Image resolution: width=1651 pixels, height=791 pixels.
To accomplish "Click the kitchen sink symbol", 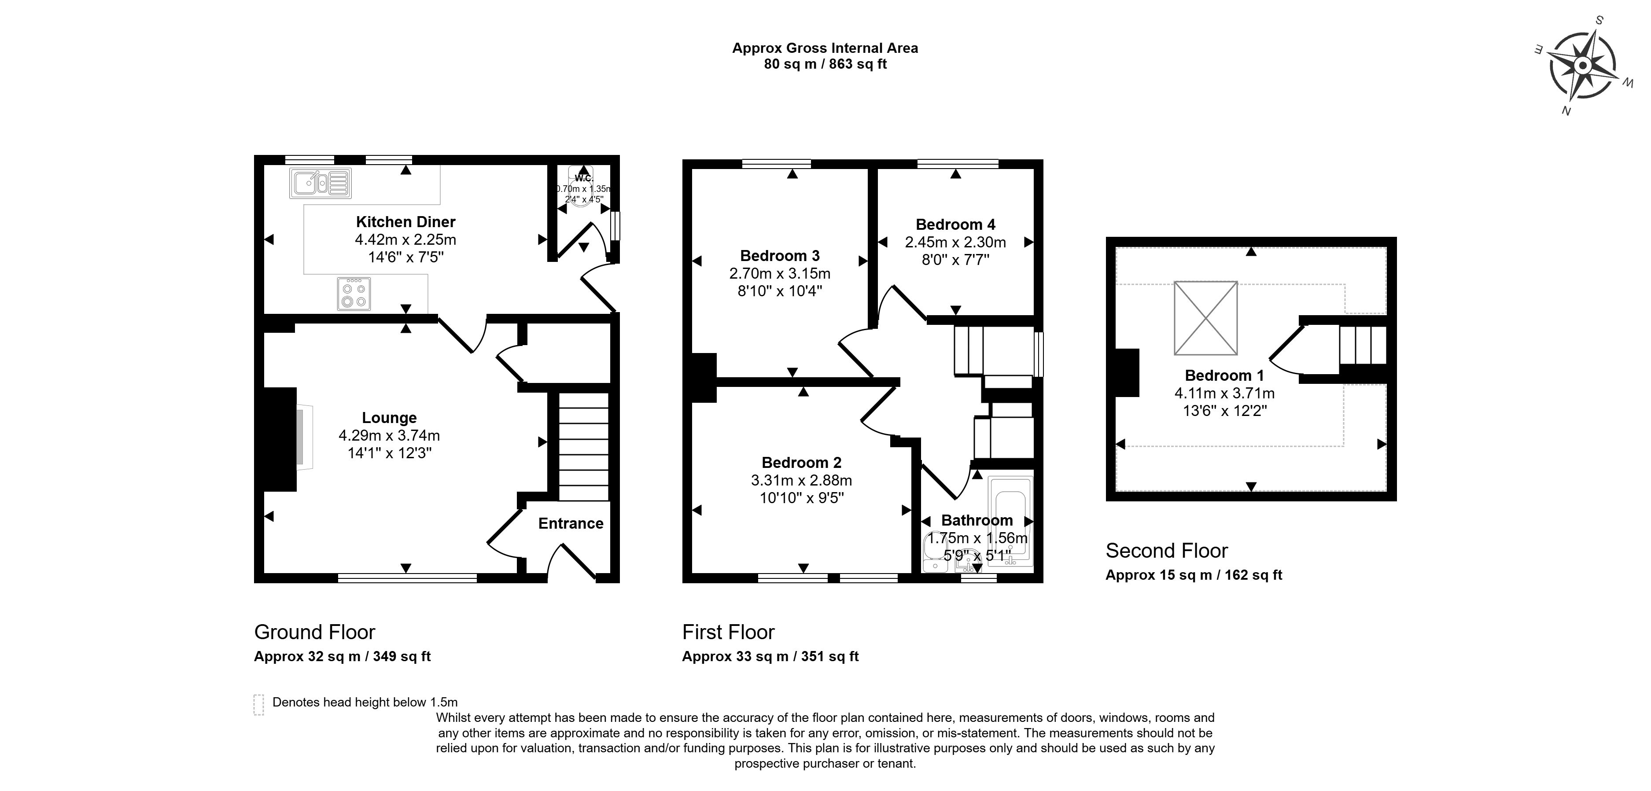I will (320, 183).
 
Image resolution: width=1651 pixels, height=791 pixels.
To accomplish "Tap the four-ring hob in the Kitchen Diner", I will (354, 294).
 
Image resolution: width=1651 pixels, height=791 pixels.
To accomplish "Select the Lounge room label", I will (389, 418).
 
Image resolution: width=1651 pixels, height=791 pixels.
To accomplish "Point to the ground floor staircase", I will (583, 446).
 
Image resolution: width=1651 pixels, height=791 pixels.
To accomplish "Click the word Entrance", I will (571, 524).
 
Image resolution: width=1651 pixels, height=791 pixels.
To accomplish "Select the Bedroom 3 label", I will (779, 256).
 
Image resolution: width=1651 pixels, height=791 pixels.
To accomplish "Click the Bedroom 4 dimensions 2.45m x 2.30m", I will (955, 242).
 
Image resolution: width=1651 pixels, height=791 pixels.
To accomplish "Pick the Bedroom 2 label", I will (801, 463).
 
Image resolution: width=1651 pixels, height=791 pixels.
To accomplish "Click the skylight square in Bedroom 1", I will (1205, 318).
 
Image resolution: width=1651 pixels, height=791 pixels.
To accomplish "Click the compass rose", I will (1582, 66).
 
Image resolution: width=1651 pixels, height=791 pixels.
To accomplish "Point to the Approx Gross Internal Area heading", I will (825, 48).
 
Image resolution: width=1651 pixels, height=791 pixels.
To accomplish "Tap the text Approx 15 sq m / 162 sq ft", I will (1194, 575).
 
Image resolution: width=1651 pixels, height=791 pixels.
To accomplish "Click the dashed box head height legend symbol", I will (258, 704).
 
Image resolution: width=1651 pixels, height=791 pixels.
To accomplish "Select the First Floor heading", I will (728, 632).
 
